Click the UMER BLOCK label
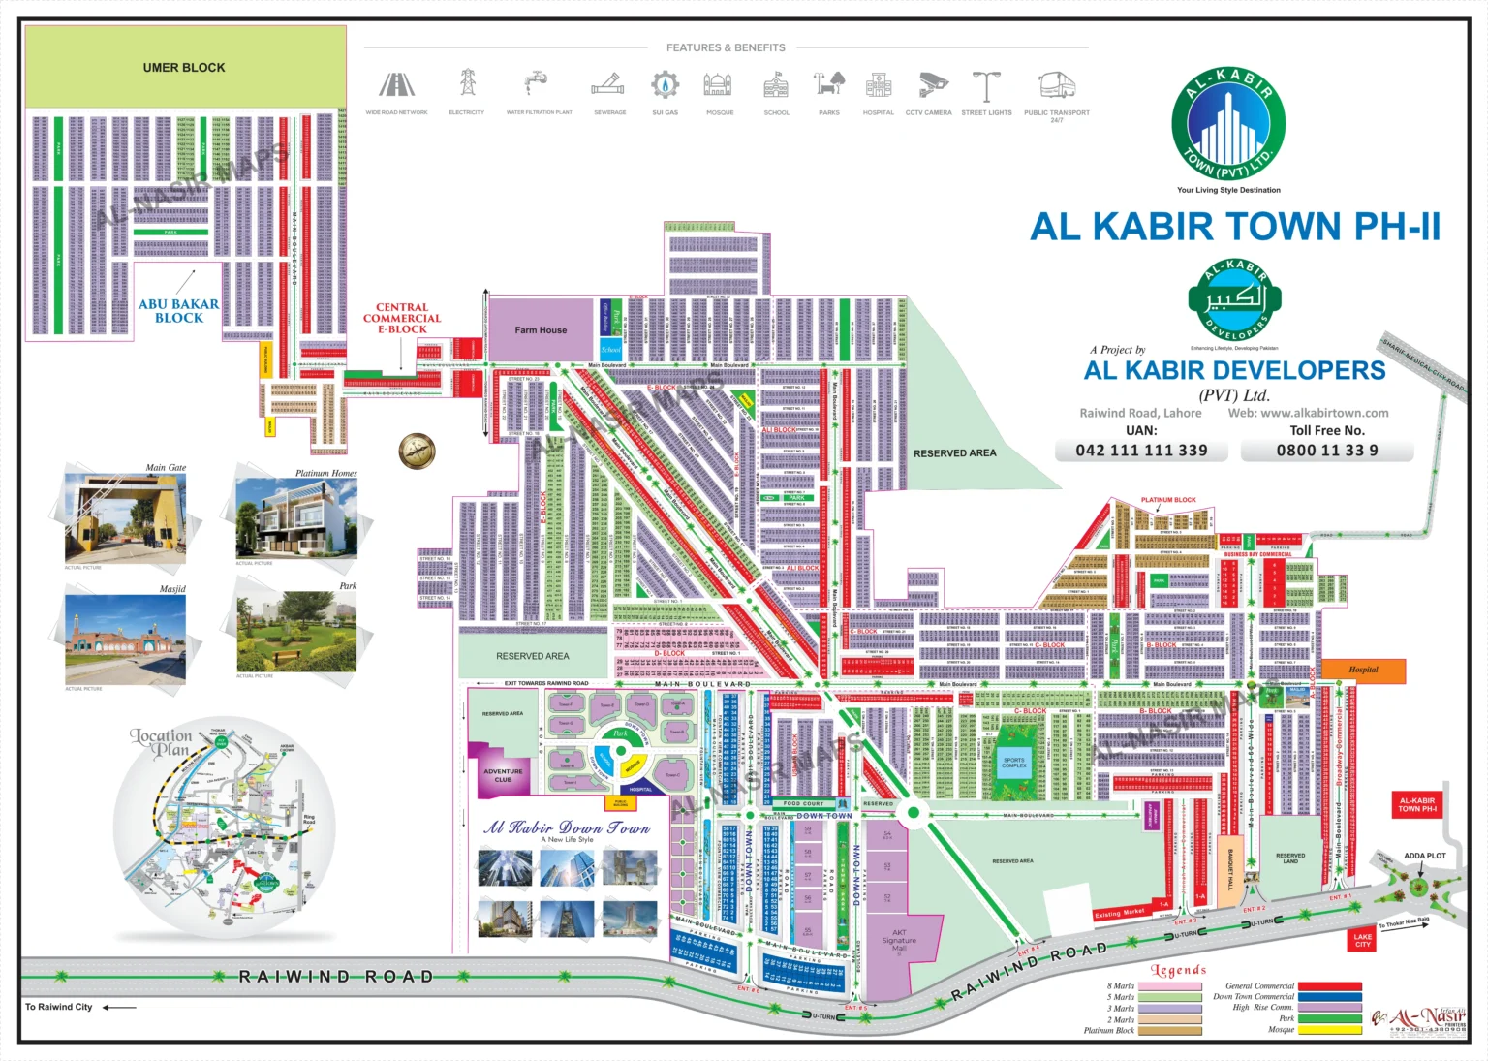coord(184,68)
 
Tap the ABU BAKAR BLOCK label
coord(179,310)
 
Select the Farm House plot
coord(541,330)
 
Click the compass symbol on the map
coord(418,451)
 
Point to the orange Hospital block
coord(1363,671)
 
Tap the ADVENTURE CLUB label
coord(503,775)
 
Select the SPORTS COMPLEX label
coord(1014,763)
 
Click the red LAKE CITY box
coord(1362,940)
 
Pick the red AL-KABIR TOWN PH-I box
coord(1416,805)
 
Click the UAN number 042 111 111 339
coord(1141,451)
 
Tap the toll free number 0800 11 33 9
coord(1326,451)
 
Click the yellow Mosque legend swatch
coord(1329,1030)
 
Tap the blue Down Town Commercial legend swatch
coord(1329,996)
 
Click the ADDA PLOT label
coord(1424,856)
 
